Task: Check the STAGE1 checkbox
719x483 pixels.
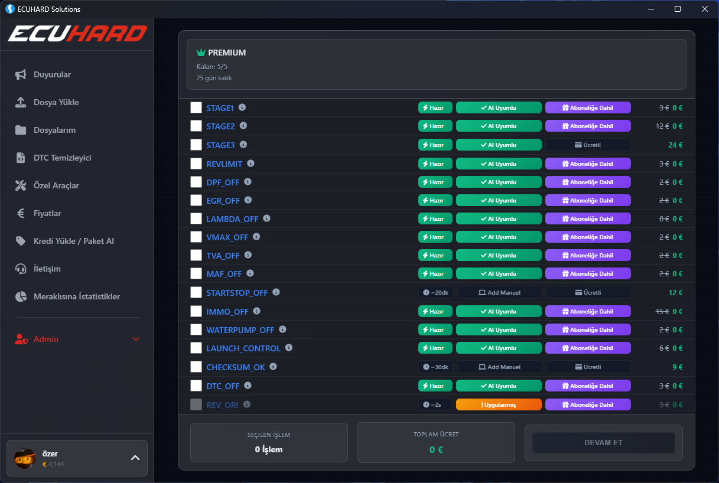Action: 196,107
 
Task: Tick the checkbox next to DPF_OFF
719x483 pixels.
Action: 196,182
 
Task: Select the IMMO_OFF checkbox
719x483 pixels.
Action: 196,311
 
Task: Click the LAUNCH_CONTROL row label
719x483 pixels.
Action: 243,348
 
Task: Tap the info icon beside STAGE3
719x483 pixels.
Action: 243,145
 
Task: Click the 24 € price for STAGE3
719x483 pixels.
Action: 675,145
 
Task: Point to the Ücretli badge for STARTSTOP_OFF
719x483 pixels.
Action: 588,292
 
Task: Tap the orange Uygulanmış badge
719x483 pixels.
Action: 499,404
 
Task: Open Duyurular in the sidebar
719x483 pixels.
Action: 52,74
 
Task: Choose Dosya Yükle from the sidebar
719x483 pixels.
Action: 56,102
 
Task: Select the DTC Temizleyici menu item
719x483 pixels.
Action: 62,158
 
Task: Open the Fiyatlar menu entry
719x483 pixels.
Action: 47,213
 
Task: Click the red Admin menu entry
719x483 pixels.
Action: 46,339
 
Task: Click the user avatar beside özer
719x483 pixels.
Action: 25,458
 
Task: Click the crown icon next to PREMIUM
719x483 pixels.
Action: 201,53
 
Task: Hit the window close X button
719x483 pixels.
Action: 704,9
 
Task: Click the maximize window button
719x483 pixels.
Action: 678,9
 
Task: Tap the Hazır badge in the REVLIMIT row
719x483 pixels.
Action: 435,164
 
